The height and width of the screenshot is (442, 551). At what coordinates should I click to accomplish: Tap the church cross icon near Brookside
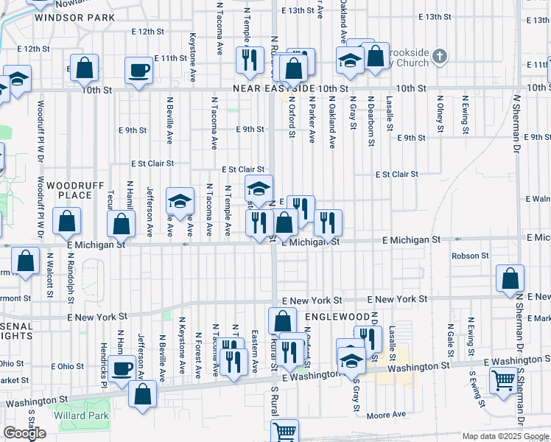tap(439, 56)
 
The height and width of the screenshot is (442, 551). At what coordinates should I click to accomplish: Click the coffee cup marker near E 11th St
tap(138, 70)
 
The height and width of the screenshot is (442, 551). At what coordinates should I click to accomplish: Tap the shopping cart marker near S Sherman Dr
tap(504, 381)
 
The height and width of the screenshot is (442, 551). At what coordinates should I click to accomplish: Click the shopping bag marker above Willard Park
tap(142, 393)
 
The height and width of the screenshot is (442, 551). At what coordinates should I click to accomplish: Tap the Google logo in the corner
tap(24, 433)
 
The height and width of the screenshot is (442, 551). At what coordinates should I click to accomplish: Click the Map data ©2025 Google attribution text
tap(505, 436)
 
